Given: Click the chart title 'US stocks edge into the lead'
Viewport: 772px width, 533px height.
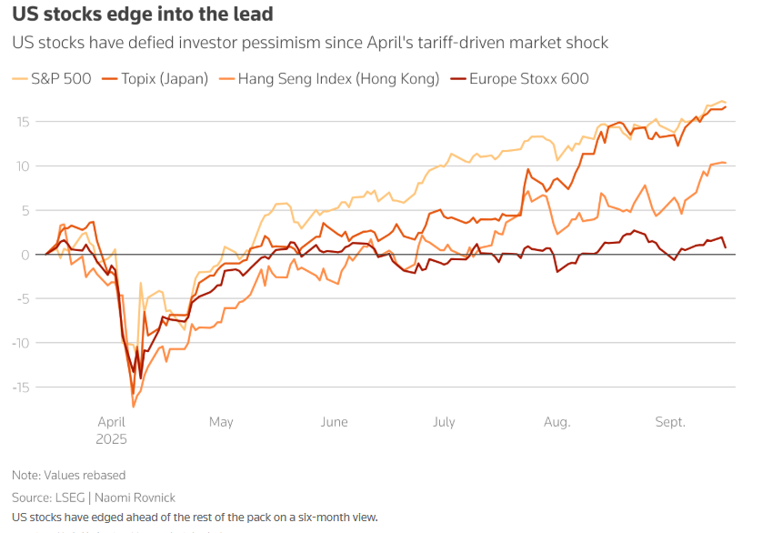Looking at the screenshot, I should (x=142, y=15).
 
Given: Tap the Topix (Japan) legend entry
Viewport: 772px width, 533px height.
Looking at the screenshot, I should (x=159, y=79).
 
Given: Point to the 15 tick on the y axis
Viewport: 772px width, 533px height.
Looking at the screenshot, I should (x=22, y=122).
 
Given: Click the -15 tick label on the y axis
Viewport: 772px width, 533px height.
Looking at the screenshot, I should (x=20, y=387).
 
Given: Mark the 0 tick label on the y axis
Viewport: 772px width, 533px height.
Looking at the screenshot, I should (x=25, y=254).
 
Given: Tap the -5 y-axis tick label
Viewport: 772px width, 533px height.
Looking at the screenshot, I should (x=22, y=298).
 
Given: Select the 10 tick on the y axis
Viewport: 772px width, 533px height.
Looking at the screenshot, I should (x=22, y=166).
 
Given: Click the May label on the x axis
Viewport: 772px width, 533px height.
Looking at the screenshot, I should (x=221, y=422).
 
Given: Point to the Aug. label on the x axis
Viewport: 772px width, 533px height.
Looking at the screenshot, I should (x=556, y=422).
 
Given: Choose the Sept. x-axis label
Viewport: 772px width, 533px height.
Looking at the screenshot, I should (x=670, y=422).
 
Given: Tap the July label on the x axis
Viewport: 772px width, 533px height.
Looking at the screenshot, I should (x=444, y=422).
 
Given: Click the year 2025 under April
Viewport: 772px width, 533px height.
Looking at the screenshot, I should (x=112, y=438).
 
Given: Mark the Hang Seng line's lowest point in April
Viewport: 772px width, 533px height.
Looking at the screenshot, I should (x=134, y=406).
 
